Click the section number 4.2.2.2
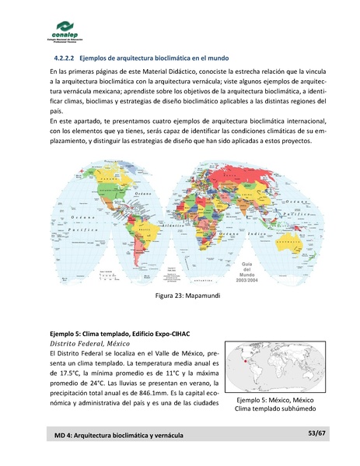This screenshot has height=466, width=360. [x=65, y=58]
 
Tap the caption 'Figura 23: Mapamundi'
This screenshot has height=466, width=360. [x=180, y=297]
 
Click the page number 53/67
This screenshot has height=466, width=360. [x=316, y=433]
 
